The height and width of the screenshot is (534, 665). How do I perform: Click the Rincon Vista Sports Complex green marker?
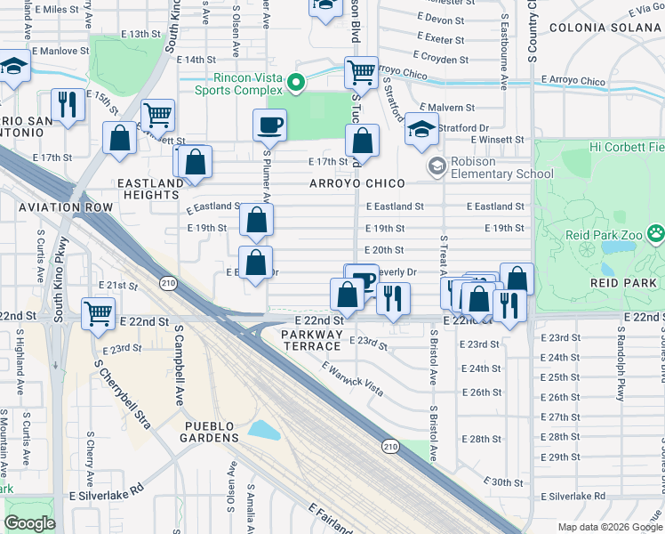click(x=296, y=85)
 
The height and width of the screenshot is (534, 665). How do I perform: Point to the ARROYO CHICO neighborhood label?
click(x=357, y=183)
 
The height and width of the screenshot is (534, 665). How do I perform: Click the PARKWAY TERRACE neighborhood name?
click(x=311, y=340)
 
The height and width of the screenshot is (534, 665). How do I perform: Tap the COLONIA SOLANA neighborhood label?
click(x=606, y=28)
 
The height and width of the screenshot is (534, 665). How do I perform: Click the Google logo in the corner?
click(x=29, y=523)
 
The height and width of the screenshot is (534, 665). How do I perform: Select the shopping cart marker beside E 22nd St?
click(x=98, y=312)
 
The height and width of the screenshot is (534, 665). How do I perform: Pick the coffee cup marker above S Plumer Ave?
click(x=269, y=125)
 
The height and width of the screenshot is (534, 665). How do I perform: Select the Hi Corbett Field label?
click(x=626, y=146)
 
